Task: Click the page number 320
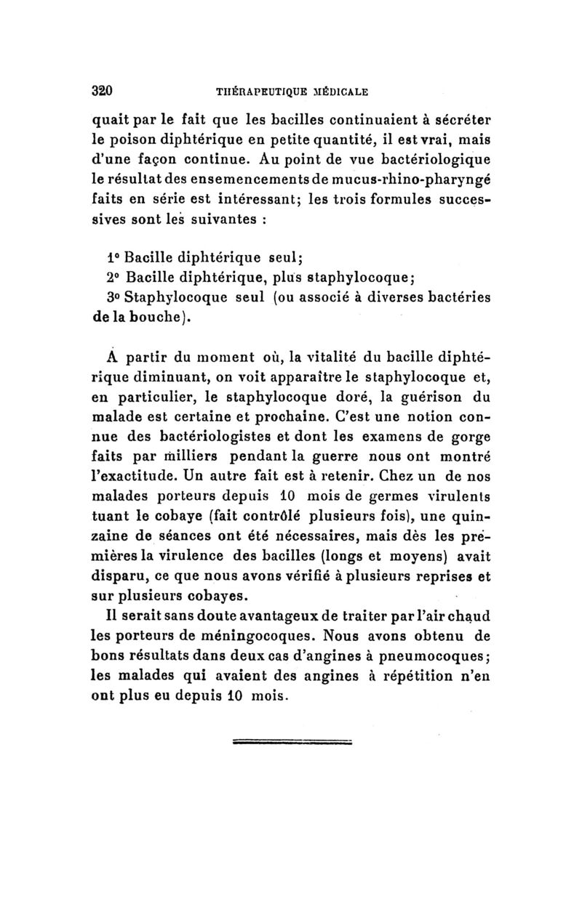click(100, 92)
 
